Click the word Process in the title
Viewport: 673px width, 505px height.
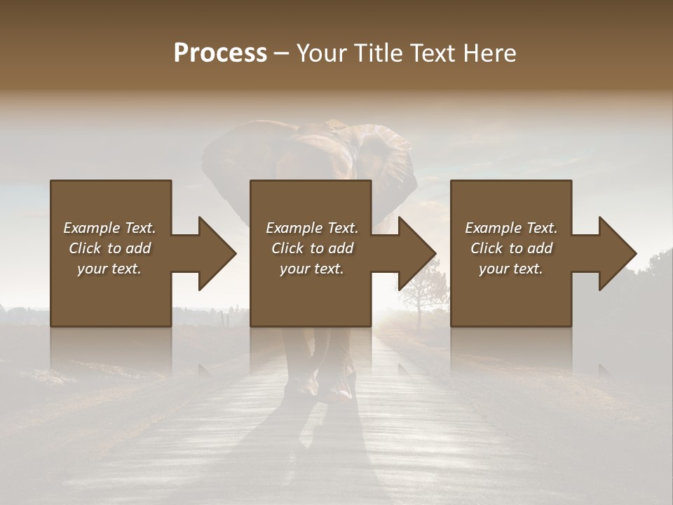point(220,53)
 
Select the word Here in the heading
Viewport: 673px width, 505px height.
point(490,53)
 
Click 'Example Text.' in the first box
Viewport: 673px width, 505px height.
point(109,228)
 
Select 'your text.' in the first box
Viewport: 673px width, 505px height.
point(109,269)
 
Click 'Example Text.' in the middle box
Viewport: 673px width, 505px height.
point(312,228)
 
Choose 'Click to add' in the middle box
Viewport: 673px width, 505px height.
point(312,248)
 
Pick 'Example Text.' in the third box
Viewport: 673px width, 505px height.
point(511,228)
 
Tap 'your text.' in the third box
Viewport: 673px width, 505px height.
point(511,269)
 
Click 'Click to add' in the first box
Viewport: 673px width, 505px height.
point(109,248)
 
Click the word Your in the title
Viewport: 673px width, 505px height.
point(318,53)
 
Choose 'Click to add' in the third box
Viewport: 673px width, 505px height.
point(511,248)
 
